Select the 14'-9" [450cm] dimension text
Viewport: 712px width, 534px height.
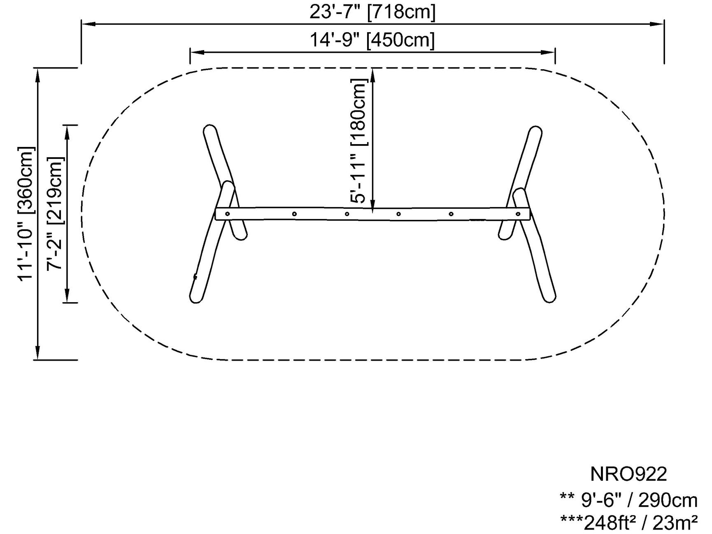pos(372,40)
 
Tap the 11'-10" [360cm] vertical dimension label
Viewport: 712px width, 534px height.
pos(26,213)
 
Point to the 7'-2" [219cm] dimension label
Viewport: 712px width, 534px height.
pos(55,213)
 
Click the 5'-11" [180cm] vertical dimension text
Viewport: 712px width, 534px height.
pos(358,141)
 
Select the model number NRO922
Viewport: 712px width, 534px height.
pos(628,474)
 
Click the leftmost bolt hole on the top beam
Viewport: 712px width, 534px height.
pos(227,213)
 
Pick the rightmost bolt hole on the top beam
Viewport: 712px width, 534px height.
pos(518,214)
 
